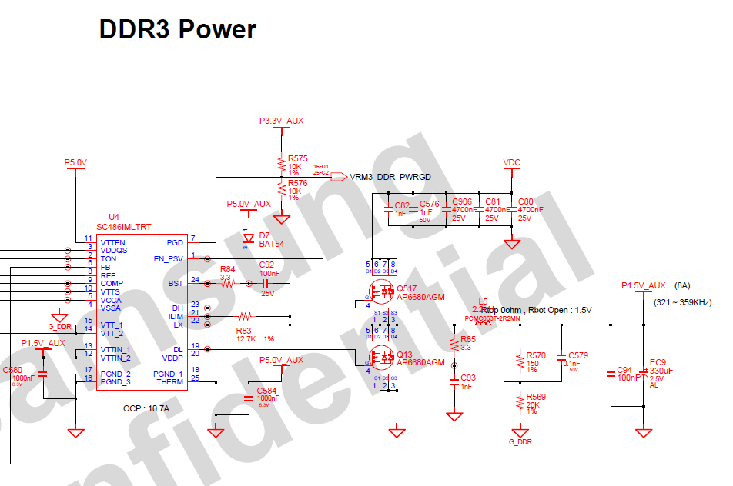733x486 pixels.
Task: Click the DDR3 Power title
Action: click(x=178, y=29)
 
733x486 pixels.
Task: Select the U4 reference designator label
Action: click(x=114, y=218)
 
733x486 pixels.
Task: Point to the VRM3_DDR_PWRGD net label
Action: click(x=390, y=177)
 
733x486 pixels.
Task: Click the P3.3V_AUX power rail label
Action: click(x=281, y=121)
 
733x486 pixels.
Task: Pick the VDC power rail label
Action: click(x=512, y=162)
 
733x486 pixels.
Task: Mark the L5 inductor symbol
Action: click(x=483, y=324)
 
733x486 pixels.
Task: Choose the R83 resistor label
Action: click(x=245, y=330)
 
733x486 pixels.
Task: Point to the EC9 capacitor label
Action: click(x=657, y=362)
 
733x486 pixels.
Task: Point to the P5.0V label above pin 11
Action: click(x=76, y=163)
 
